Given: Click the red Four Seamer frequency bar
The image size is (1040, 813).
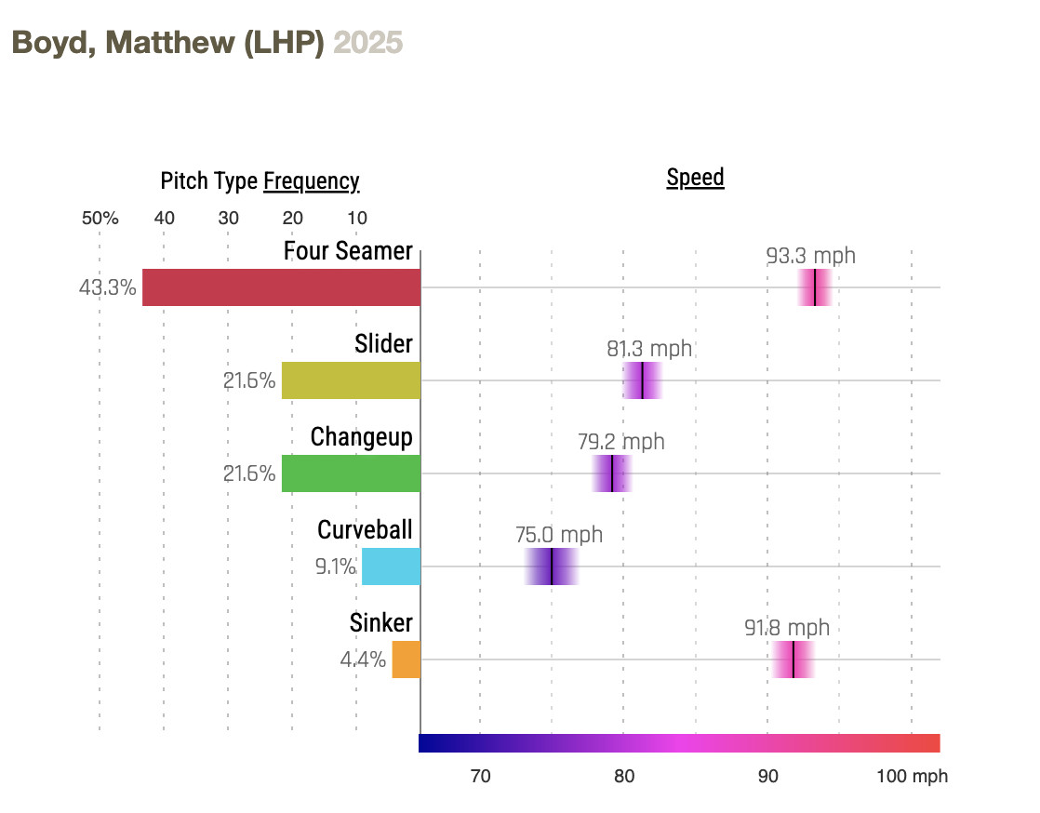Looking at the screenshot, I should (x=281, y=287).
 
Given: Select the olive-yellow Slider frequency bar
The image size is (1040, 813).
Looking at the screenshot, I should (x=351, y=380).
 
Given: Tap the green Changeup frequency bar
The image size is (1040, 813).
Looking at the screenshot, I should (x=351, y=473).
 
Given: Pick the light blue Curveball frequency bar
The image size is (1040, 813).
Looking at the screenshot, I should (x=391, y=566).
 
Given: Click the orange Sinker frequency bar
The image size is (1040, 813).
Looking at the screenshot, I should (x=406, y=660).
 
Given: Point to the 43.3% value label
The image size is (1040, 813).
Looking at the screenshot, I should (x=108, y=287).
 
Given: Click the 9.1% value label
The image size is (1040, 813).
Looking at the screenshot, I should (x=336, y=566).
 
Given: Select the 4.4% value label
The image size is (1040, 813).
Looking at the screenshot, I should (x=363, y=660).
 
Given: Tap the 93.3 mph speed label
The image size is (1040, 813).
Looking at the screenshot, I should (x=811, y=256).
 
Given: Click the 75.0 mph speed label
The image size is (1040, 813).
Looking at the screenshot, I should (x=559, y=535).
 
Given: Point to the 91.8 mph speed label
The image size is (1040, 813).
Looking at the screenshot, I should (x=787, y=628).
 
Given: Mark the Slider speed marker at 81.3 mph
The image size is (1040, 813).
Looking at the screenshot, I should (x=642, y=380).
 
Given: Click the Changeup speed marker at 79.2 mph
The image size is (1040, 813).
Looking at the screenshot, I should (x=612, y=473).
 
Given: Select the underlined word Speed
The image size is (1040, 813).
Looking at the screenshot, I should (x=695, y=178).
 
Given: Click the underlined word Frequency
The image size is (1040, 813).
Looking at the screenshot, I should (x=311, y=180).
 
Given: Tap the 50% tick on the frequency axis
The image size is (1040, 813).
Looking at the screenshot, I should (x=100, y=219).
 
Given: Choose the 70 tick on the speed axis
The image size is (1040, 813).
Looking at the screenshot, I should (x=480, y=776).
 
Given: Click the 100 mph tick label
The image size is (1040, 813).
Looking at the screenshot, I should (x=912, y=776).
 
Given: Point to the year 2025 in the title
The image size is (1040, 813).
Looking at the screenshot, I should (x=368, y=43).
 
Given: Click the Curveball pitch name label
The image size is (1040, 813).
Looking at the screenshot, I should (x=365, y=529).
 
